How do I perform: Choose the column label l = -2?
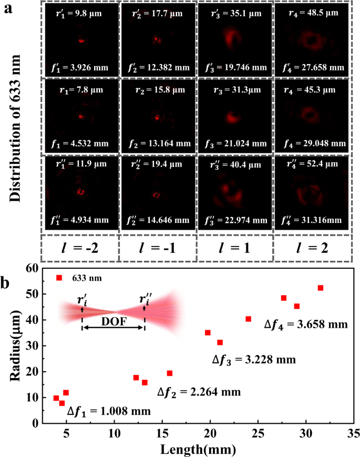click(x=80, y=247)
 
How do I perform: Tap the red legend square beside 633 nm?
click(x=59, y=278)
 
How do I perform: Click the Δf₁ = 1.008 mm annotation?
click(x=112, y=411)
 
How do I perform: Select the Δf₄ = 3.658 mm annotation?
click(x=305, y=324)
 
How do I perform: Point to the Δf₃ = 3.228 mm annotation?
click(x=254, y=360)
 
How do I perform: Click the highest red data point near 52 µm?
click(x=321, y=288)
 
